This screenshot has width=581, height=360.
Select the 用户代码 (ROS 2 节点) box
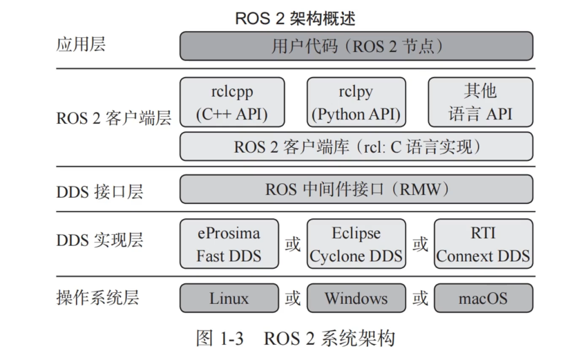point(356,46)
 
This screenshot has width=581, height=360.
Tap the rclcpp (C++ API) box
point(231,102)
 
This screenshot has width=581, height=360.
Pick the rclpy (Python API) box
point(356,102)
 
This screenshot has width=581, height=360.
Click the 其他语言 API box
point(480,102)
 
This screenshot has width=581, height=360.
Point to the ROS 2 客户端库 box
point(356,146)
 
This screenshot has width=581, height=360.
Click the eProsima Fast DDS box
point(229,244)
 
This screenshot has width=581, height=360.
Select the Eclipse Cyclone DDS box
point(356,244)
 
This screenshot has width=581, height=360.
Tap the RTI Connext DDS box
point(483,244)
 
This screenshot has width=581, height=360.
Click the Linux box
point(229,299)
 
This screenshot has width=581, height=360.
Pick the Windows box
point(356,299)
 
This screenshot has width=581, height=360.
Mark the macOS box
point(483,299)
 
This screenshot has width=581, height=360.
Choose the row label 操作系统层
point(97,298)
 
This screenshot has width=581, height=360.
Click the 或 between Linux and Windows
point(292,299)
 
